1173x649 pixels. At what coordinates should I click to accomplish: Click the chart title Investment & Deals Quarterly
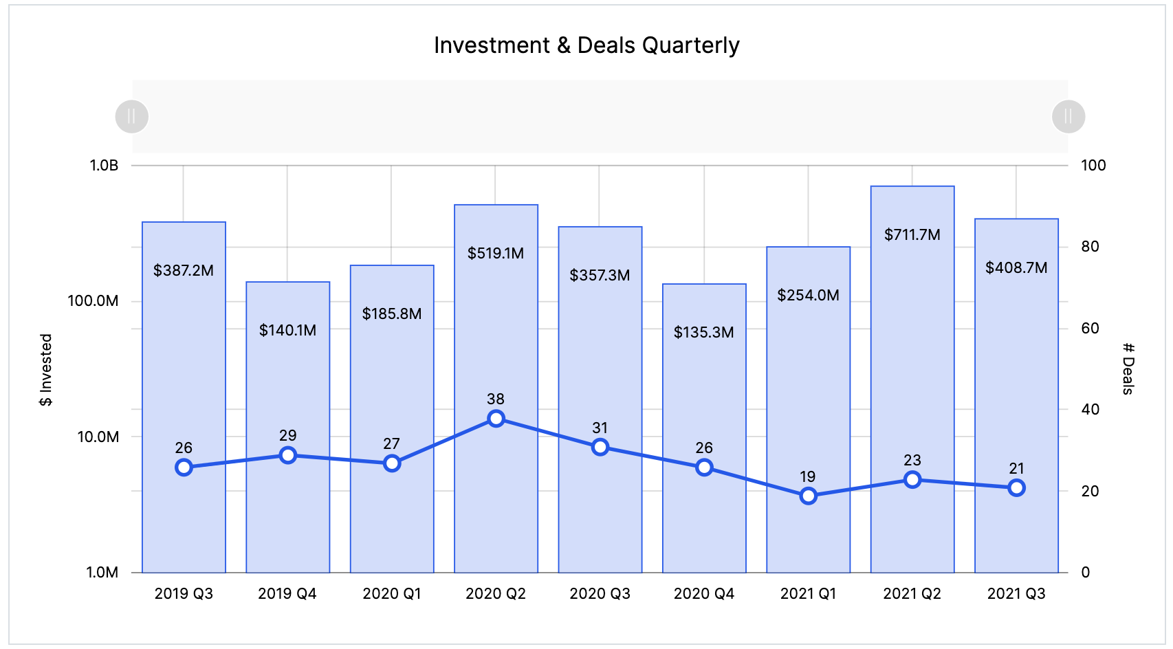coord(586,45)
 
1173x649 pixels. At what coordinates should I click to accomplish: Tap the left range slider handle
coord(131,116)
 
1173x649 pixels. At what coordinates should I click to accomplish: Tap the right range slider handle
coord(1068,116)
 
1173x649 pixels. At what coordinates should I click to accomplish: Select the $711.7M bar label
coord(912,234)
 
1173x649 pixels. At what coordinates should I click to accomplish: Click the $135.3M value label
coord(703,332)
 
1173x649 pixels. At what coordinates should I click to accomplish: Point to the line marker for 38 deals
coord(496,419)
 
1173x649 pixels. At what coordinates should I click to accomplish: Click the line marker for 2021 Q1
coord(808,496)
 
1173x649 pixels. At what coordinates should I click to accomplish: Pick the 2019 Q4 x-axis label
coord(287,593)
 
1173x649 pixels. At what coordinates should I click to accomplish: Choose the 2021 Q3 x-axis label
coord(1016,593)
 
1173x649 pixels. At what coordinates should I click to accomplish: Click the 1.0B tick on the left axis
coord(104,166)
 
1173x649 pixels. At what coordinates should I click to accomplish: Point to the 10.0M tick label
coord(98,437)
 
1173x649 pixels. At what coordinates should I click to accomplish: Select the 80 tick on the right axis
coord(1090,247)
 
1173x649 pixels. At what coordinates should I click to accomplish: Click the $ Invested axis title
coord(45,370)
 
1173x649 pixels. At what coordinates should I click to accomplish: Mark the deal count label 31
coord(600,428)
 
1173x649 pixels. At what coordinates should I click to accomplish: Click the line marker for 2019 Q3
coord(184,467)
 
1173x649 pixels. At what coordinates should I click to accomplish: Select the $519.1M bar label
coord(495,253)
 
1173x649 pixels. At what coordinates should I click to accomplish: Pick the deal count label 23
coord(912,460)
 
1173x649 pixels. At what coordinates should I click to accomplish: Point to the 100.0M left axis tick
coord(93,301)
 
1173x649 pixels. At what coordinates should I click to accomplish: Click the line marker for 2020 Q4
coord(704,467)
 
